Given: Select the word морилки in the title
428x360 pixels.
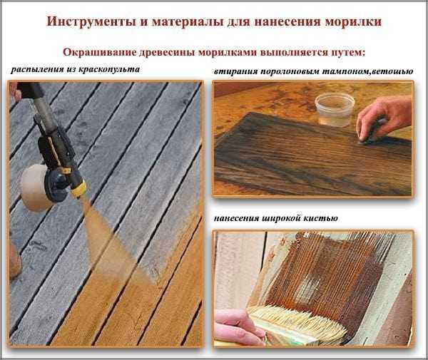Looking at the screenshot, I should pos(351,21).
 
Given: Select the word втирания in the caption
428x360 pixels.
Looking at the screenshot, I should pos(236,72).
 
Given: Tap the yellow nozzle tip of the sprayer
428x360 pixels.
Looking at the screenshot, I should pos(78,188).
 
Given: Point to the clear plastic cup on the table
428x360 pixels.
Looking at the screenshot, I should pos(334,108).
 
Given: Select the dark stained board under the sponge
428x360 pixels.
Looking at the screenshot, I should pos(300,153).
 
